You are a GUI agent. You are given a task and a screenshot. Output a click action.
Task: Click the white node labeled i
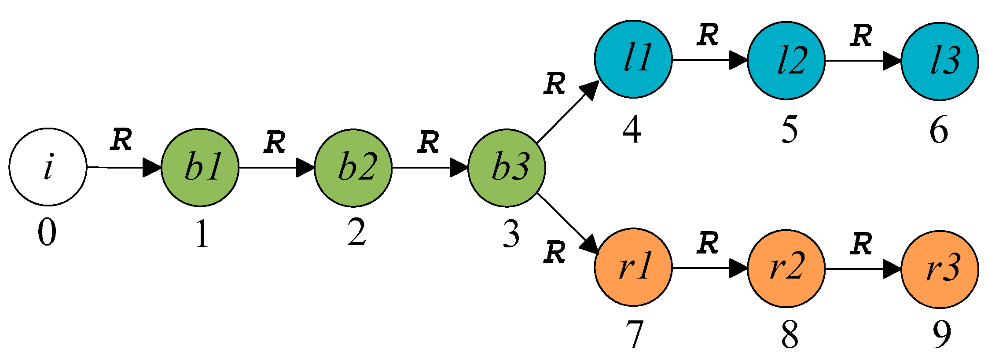(x=48, y=167)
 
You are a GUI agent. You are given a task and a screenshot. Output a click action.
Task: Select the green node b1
(x=200, y=167)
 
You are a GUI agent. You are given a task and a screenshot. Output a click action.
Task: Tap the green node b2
(x=353, y=168)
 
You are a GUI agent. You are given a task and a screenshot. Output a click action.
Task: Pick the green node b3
(x=507, y=168)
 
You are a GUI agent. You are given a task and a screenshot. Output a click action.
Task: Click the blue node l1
(x=633, y=59)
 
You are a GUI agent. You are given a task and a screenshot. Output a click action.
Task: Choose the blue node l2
(x=786, y=60)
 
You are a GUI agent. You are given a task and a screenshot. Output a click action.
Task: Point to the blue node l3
(x=940, y=61)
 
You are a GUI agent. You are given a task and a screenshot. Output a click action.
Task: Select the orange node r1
(x=633, y=267)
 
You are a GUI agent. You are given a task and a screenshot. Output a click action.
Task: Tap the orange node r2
(x=786, y=268)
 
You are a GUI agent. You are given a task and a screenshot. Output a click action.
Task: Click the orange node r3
(x=940, y=269)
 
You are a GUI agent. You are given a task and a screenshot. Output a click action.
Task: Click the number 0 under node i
(x=47, y=233)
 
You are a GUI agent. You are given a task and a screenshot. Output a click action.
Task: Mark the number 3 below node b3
(x=511, y=234)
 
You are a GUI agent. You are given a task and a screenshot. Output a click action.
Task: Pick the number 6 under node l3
(x=938, y=130)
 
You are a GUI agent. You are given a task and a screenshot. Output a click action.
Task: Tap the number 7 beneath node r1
(x=634, y=334)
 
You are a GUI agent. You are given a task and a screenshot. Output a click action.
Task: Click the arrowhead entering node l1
(x=590, y=90)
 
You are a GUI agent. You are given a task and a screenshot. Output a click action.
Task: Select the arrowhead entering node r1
(x=591, y=245)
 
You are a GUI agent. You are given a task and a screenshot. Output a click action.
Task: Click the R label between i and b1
(x=121, y=140)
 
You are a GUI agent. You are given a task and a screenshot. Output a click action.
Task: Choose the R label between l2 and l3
(x=861, y=36)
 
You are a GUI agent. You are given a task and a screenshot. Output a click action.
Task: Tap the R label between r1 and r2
(x=708, y=243)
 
